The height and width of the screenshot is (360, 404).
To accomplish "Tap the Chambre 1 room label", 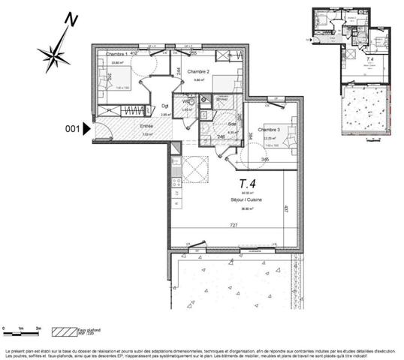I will [x=116, y=55].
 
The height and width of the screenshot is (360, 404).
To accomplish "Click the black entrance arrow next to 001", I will [x=86, y=129].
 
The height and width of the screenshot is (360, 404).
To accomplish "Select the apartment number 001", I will [x=72, y=129].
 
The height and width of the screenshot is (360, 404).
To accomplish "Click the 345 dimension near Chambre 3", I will [x=264, y=160].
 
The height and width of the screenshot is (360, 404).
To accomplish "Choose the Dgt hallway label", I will [x=166, y=106].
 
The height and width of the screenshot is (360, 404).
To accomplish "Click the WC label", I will [x=186, y=100].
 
